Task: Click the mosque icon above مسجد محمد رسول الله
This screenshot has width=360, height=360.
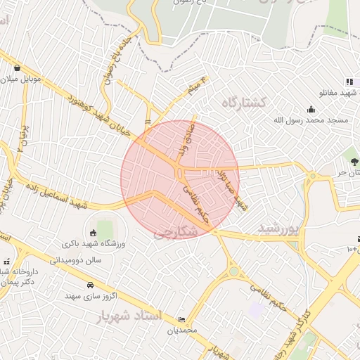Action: (x=311, y=109)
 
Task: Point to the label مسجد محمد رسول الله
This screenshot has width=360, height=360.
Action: (x=311, y=120)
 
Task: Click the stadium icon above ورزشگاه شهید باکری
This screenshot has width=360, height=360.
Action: (x=93, y=233)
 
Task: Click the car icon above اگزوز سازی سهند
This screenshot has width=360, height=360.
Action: (x=90, y=285)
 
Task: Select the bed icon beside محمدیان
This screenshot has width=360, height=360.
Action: (x=183, y=320)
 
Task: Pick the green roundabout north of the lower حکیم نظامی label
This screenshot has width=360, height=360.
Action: (x=233, y=271)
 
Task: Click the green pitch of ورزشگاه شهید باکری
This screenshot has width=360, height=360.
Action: (x=105, y=229)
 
